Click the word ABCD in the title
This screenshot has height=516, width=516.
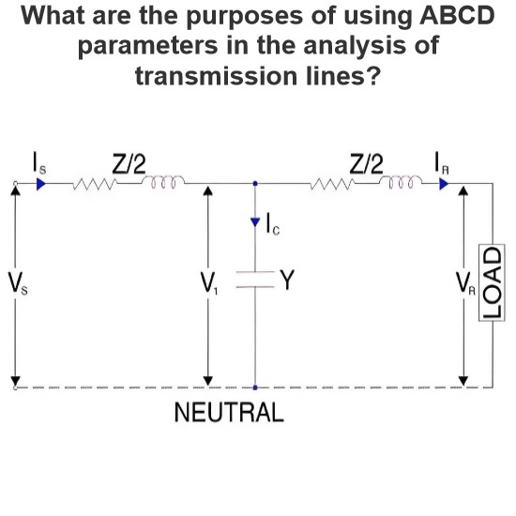[457, 16]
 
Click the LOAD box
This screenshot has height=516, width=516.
[492, 282]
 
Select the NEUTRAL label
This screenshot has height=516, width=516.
[229, 413]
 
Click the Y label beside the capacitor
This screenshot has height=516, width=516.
[287, 280]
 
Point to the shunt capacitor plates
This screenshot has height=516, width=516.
[255, 280]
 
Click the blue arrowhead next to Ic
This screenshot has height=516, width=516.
[255, 222]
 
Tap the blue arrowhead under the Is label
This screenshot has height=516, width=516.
[40, 184]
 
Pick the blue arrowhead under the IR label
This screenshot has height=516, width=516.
[444, 184]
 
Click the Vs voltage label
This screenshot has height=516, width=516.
[18, 283]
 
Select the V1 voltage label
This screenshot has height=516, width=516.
[209, 283]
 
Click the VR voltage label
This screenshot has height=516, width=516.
[465, 283]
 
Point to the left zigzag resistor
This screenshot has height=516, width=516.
[95, 184]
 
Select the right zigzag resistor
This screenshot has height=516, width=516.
[332, 184]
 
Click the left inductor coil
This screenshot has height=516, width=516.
[163, 182]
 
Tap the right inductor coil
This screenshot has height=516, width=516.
[401, 182]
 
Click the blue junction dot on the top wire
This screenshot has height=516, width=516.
[255, 183]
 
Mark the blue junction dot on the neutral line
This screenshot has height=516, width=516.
[255, 387]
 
